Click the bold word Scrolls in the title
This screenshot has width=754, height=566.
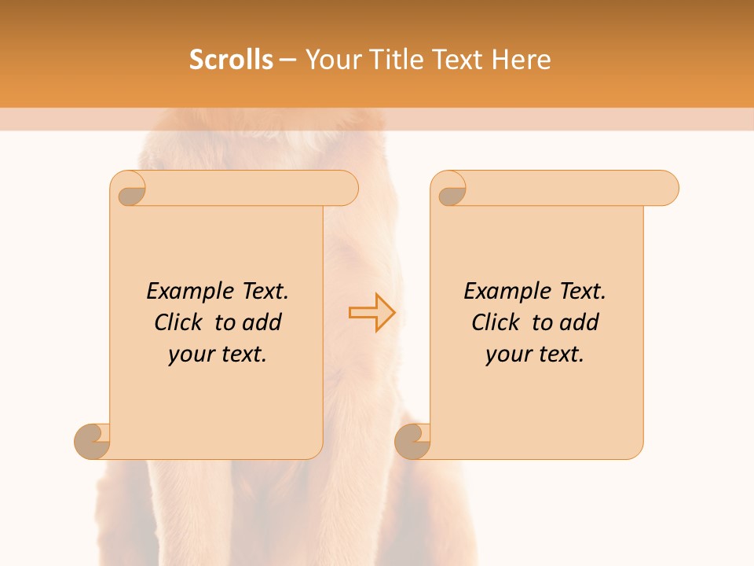click(231, 60)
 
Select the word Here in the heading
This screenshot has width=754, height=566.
click(522, 60)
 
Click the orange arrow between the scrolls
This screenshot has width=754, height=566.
click(372, 313)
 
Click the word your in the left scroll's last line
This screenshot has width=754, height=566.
click(190, 355)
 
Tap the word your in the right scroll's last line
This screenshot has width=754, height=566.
click(507, 355)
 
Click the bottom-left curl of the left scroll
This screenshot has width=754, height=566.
click(91, 442)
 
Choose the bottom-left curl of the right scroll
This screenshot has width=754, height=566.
click(412, 442)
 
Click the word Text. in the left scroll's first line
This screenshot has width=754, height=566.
click(262, 292)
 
